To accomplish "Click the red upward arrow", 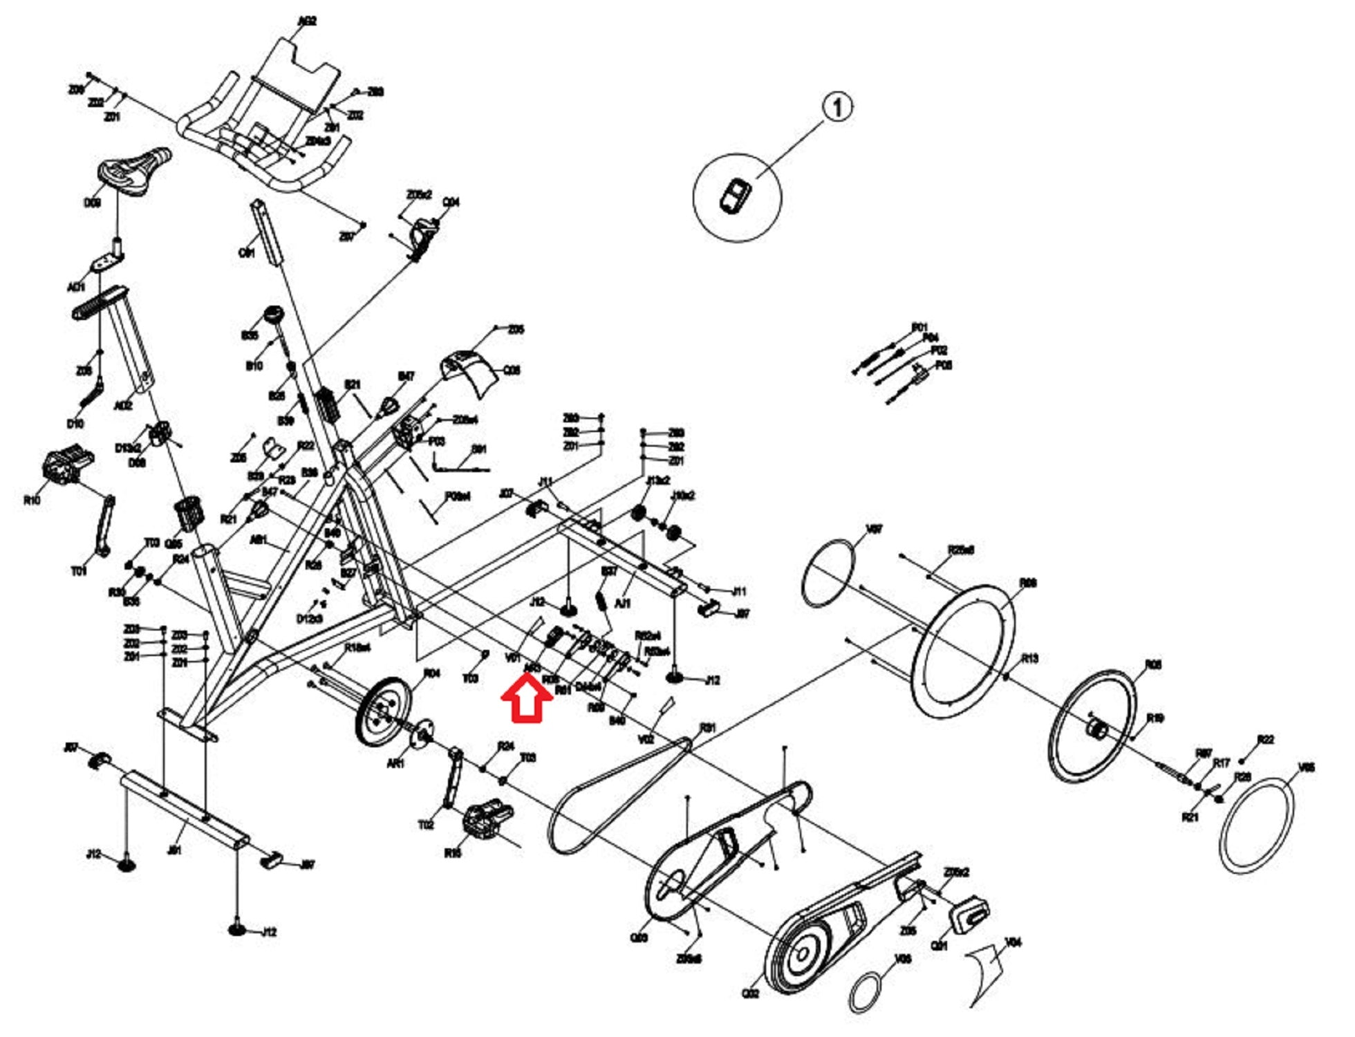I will point(527,699).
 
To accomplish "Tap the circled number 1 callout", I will point(837,108).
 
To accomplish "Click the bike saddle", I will point(133,170).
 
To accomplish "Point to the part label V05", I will point(1306,767).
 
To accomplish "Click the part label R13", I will point(1029,658).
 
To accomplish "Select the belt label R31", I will point(708,728).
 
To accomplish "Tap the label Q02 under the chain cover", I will point(750,993).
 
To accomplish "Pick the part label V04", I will point(1013,942).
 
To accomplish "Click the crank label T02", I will point(427,825).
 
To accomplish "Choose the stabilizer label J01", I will point(174,850).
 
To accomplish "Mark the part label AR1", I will point(395,764).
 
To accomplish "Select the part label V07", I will point(874,530).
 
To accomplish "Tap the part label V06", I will point(903,959).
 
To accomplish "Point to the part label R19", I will point(1155,718).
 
